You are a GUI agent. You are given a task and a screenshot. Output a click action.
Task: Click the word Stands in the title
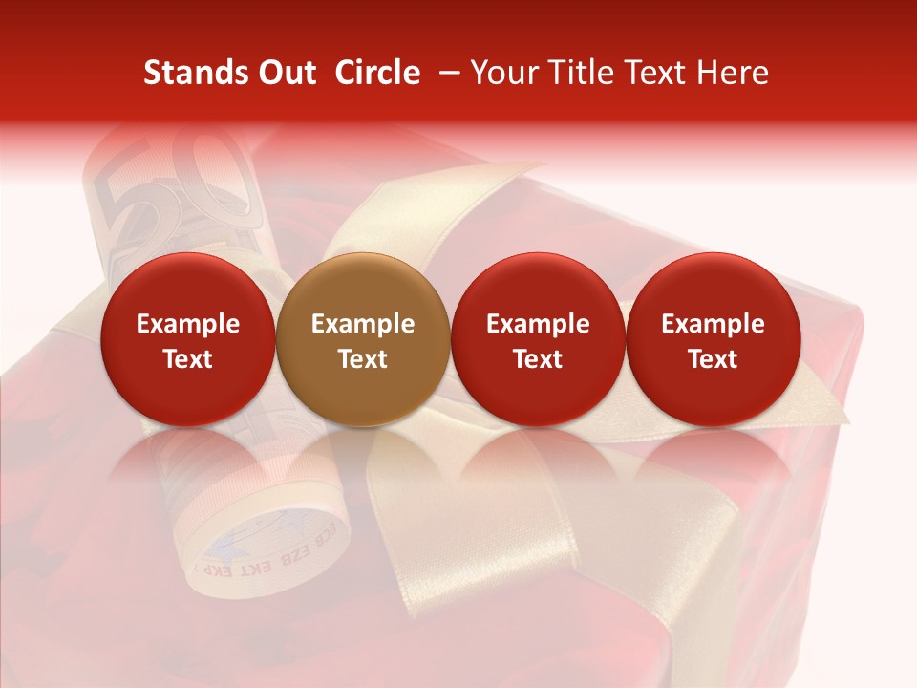[194, 73]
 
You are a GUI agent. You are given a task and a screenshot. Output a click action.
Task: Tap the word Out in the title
[285, 73]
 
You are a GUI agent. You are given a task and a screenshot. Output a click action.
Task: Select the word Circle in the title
[377, 73]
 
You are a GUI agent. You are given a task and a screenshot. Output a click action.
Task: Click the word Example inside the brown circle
[363, 324]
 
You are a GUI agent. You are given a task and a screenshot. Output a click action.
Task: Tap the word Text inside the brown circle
[363, 359]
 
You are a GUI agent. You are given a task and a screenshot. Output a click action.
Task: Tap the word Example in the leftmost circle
[188, 324]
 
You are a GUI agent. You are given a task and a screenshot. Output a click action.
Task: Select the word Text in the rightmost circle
[713, 359]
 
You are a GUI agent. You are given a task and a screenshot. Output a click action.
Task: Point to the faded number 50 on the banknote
[177, 186]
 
